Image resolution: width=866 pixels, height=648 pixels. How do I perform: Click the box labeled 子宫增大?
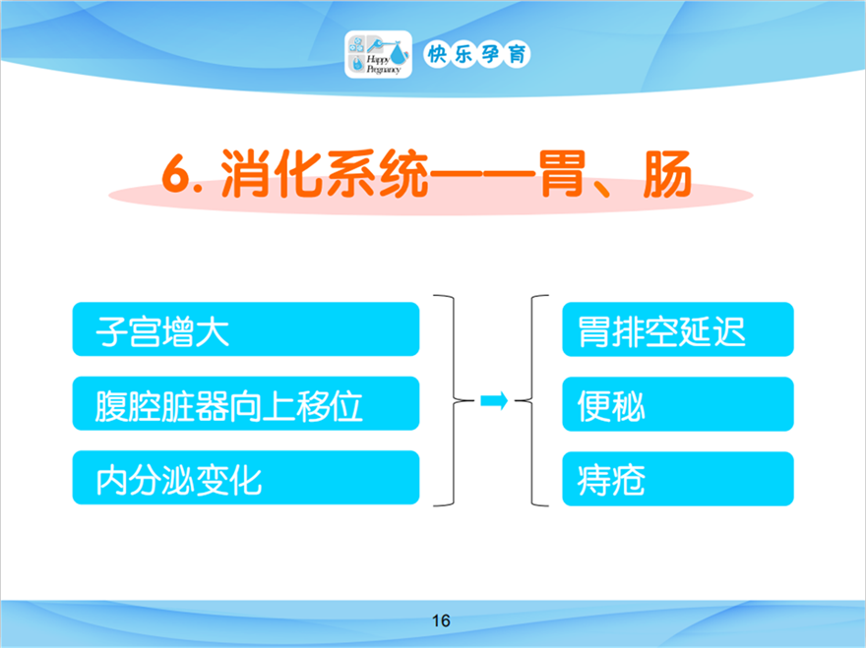246,329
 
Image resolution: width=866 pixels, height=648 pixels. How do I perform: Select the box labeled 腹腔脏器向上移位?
246,403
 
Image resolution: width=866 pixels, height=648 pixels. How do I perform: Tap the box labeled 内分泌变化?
246,478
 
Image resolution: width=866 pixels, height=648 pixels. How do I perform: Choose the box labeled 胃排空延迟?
678,329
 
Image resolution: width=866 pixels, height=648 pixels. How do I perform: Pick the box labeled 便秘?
678,404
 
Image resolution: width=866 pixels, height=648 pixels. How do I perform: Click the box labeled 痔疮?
678,479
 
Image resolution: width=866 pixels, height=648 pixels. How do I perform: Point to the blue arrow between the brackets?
494,401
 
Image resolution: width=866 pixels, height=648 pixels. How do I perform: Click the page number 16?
441,620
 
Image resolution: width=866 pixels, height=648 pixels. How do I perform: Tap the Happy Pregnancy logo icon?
378,54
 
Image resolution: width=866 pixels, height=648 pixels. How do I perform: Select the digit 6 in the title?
176,173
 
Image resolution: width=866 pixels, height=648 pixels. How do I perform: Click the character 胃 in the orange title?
562,173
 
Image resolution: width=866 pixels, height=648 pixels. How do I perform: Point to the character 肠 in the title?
667,173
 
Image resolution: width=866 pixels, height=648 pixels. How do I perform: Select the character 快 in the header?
437,54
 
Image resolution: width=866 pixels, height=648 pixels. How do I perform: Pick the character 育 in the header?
517,54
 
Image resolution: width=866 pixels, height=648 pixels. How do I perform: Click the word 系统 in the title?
377,173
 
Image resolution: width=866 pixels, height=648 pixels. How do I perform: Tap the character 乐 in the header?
463,54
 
